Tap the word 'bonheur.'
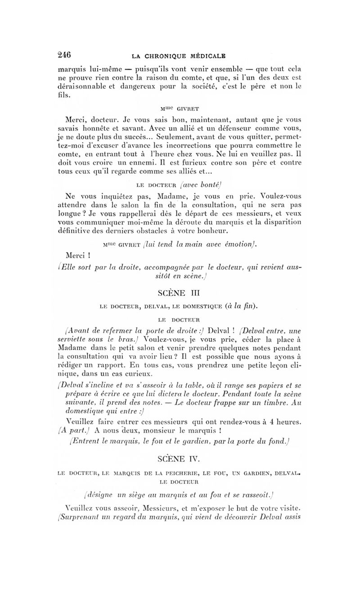pos(213,231)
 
